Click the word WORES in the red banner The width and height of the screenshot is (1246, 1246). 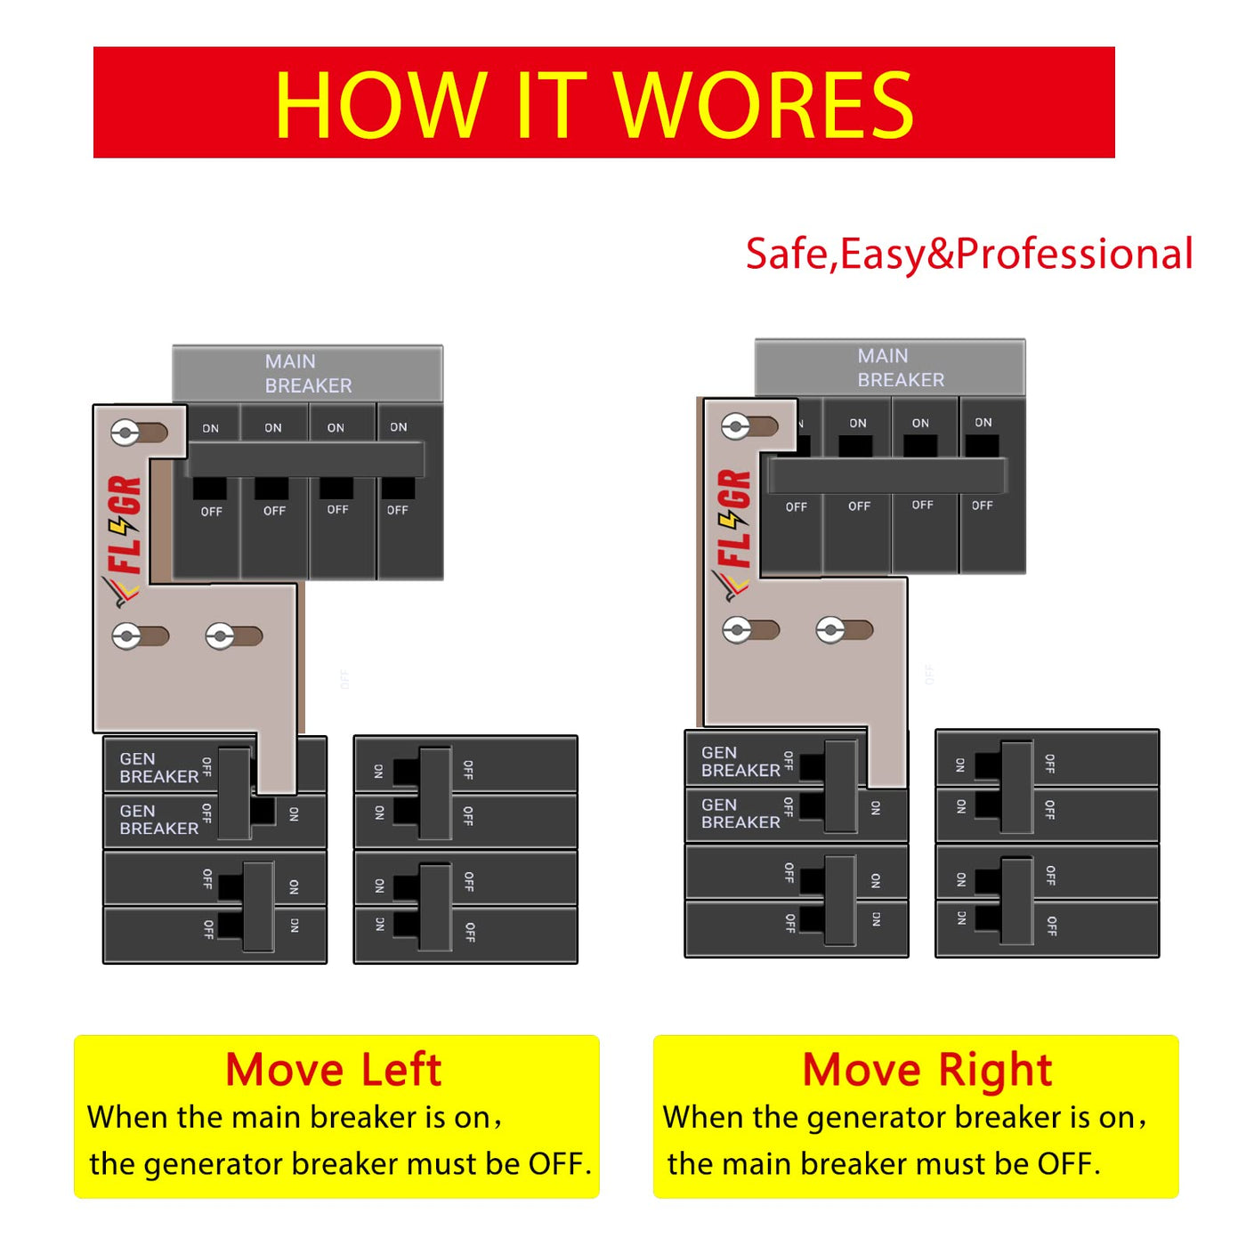pyautogui.click(x=763, y=105)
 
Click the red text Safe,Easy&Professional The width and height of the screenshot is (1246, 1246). pyautogui.click(x=968, y=254)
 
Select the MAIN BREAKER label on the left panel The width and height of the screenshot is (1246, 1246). pyautogui.click(x=309, y=373)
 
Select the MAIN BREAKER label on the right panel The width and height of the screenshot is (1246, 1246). pyautogui.click(x=900, y=368)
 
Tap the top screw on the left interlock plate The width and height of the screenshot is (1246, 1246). pyautogui.click(x=125, y=433)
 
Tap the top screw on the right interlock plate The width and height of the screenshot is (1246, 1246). pyautogui.click(x=736, y=427)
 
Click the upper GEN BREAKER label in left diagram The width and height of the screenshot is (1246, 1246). pyautogui.click(x=159, y=767)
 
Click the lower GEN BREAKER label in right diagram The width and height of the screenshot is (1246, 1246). pyautogui.click(x=740, y=813)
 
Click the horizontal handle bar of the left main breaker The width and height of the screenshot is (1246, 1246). pyautogui.click(x=305, y=460)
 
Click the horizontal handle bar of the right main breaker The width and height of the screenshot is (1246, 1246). pyautogui.click(x=886, y=476)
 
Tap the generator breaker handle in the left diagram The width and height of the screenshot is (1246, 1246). pyautogui.click(x=234, y=793)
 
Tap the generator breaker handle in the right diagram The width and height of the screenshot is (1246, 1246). pyautogui.click(x=840, y=786)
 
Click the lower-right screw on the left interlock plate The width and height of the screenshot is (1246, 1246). pyautogui.click(x=220, y=636)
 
